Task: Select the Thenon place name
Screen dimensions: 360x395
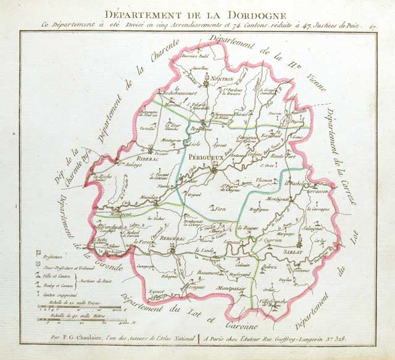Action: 264,180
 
